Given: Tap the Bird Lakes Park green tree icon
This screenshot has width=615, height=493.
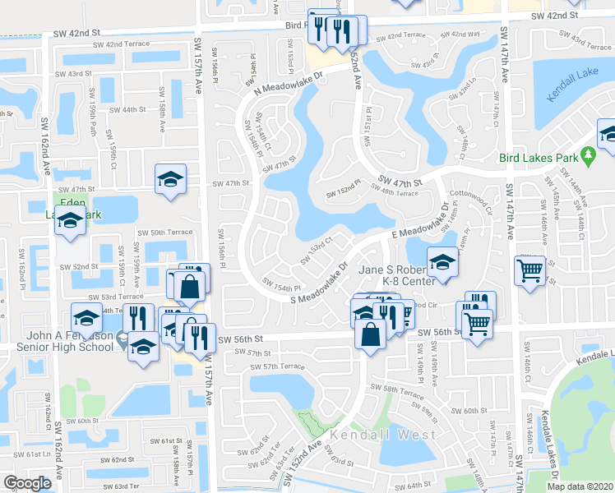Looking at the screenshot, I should coord(587,154).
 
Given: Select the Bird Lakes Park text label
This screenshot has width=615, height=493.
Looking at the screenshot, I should coord(537,159).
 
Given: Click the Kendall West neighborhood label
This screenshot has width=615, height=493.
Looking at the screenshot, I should coord(369,433).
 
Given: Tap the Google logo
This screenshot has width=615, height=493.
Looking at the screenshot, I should coord(27,483).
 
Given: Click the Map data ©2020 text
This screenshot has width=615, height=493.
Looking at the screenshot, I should coord(579,486).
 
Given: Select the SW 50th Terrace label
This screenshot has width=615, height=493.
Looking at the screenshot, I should coord(168,233).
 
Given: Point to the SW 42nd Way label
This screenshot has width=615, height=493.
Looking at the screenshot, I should coord(460,35).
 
